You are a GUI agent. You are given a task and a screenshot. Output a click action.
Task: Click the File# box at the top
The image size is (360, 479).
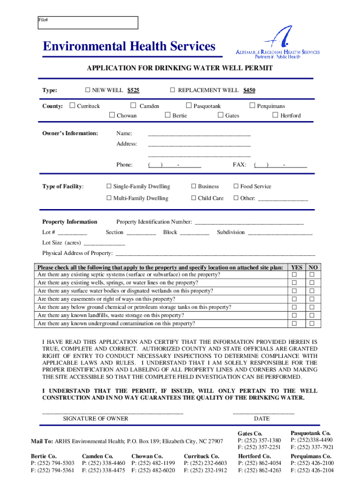[88, 22]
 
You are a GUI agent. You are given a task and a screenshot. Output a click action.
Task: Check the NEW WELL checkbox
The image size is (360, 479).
[87, 90]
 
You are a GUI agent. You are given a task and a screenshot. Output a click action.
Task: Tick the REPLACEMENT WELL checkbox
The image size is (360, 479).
[172, 90]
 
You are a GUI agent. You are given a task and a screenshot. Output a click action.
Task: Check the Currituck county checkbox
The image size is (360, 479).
[72, 106]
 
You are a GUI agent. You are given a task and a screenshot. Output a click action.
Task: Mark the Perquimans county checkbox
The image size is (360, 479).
[252, 106]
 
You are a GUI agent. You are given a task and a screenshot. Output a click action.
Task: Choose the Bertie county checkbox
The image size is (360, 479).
[167, 115]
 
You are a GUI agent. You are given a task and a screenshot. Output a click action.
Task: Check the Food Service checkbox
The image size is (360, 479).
[236, 186]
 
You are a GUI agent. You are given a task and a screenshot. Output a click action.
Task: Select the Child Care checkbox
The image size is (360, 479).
[194, 198]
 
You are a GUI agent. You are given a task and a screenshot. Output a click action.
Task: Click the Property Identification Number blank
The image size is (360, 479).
[249, 222]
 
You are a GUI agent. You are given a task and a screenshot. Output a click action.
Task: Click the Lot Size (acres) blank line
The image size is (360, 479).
[104, 243]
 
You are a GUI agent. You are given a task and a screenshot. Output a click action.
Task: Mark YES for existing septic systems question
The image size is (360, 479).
[295, 275]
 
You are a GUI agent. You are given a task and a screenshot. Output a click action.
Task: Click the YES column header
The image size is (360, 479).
[296, 267]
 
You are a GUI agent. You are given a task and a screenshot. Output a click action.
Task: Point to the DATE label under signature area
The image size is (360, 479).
[261, 419]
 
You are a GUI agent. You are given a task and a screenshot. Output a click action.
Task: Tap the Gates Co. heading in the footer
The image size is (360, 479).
[250, 433]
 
